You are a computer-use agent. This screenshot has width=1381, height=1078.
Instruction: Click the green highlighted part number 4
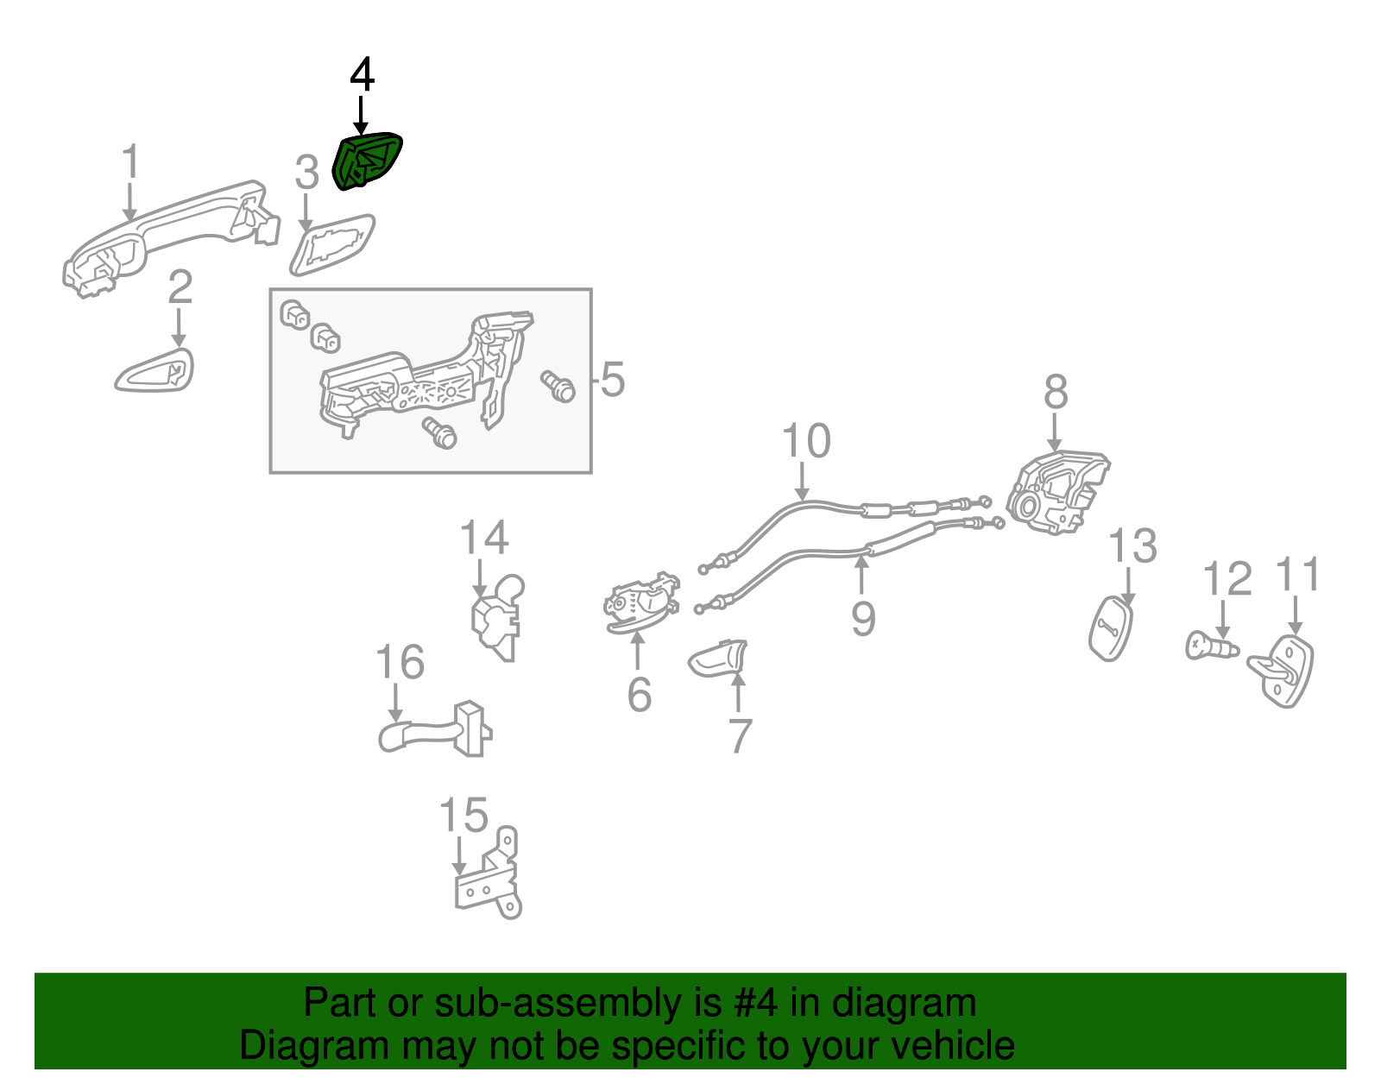[366, 161]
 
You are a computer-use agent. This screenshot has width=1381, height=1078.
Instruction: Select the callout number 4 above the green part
[362, 75]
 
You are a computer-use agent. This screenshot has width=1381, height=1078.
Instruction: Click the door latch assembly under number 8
[1056, 491]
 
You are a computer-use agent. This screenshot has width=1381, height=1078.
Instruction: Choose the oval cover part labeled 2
[155, 371]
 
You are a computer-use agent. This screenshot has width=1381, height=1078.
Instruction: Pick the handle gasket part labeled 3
[332, 244]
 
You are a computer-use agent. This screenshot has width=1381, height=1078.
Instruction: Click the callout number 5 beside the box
[612, 380]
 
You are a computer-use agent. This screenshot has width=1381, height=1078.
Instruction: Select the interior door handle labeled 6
[640, 602]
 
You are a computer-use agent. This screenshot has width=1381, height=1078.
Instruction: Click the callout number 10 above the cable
[806, 441]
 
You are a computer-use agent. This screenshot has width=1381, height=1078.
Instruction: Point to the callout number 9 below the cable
[863, 619]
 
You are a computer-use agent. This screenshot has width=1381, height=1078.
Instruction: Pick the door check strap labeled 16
[436, 731]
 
